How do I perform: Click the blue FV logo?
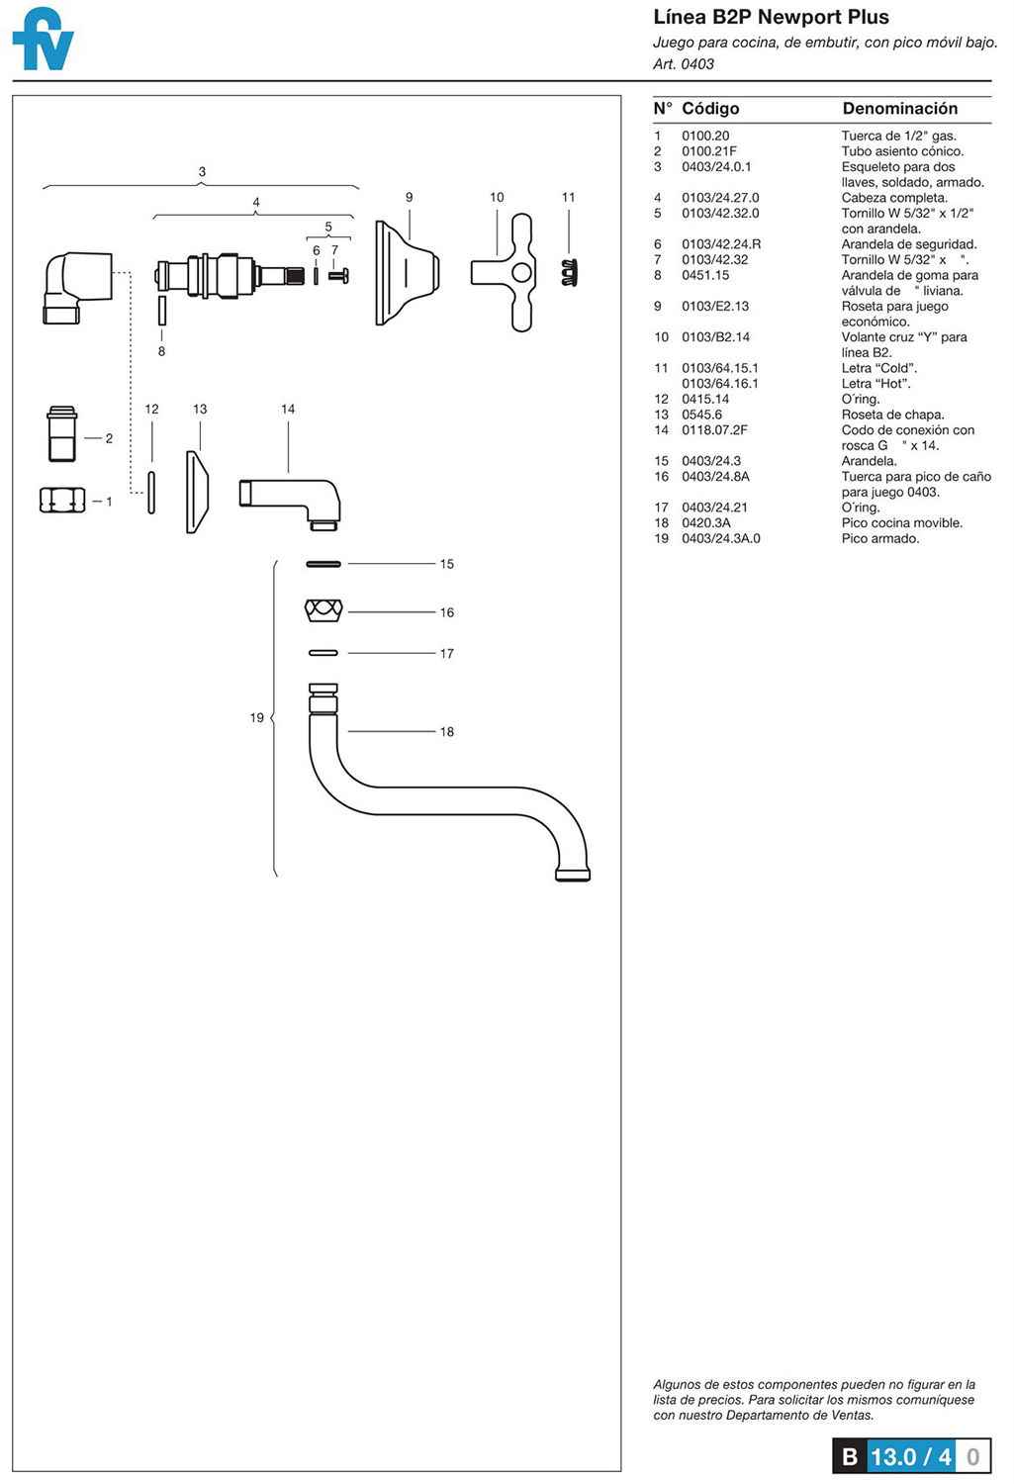(x=44, y=40)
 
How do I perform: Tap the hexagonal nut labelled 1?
(x=61, y=501)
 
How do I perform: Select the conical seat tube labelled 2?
(x=62, y=434)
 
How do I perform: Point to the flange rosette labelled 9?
(x=405, y=273)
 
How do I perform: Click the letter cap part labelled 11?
(x=569, y=272)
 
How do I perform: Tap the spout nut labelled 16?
(x=323, y=610)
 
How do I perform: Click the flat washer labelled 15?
(x=323, y=564)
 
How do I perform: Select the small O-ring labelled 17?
(x=323, y=653)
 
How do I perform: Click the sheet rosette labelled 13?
(x=197, y=492)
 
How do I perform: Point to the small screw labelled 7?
(x=338, y=276)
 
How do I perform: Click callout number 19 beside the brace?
(x=256, y=717)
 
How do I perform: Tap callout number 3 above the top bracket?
(x=202, y=172)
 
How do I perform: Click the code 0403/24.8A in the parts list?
(x=715, y=477)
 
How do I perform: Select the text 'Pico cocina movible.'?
(x=901, y=523)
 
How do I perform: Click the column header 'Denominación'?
(x=899, y=109)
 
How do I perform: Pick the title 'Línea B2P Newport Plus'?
(x=771, y=17)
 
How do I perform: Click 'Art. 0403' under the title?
(x=683, y=64)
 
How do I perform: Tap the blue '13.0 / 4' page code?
(x=910, y=1456)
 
